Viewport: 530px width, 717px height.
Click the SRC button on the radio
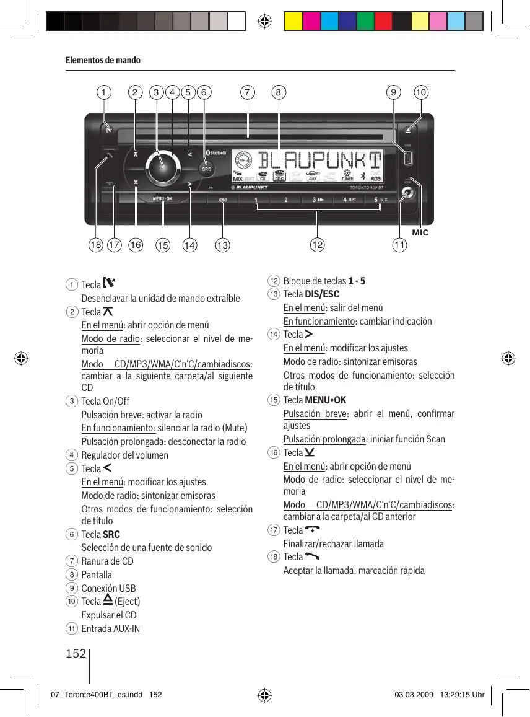[206, 169]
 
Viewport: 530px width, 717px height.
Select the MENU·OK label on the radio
[163, 199]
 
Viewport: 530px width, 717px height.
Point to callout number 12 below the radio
[317, 245]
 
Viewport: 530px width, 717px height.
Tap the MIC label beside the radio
[420, 233]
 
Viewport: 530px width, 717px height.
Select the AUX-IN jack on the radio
[406, 193]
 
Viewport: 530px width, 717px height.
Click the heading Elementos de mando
[103, 60]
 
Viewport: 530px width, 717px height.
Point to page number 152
[75, 653]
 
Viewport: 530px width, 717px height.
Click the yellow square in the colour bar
[293, 22]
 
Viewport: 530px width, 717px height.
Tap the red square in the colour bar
[383, 22]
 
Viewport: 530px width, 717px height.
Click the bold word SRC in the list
[111, 534]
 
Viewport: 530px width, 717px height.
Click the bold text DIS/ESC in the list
[322, 294]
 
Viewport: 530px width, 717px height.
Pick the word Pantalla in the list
[97, 574]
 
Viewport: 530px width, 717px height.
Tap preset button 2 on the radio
[286, 200]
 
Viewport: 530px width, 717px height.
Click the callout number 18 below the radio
[95, 245]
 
